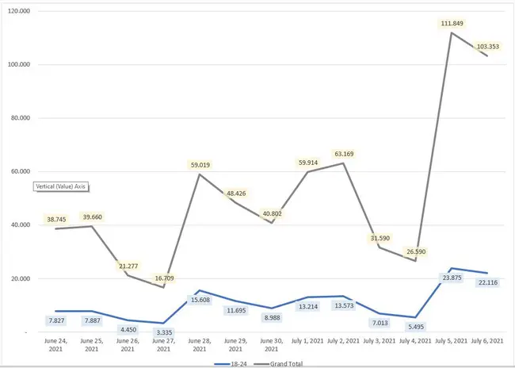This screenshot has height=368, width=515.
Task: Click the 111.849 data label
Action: pyautogui.click(x=450, y=24)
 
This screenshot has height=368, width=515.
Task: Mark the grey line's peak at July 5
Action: pyautogui.click(x=451, y=33)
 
